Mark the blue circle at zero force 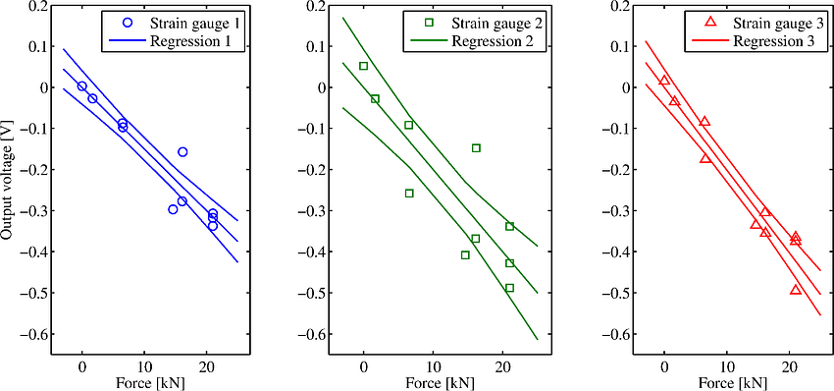click(82, 86)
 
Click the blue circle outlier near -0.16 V click(182, 152)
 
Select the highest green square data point click(363, 66)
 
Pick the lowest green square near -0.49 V click(509, 288)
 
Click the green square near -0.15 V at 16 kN click(476, 148)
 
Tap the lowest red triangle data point click(795, 290)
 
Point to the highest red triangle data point click(664, 81)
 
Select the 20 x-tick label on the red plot click(788, 363)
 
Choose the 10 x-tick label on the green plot click(433, 363)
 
